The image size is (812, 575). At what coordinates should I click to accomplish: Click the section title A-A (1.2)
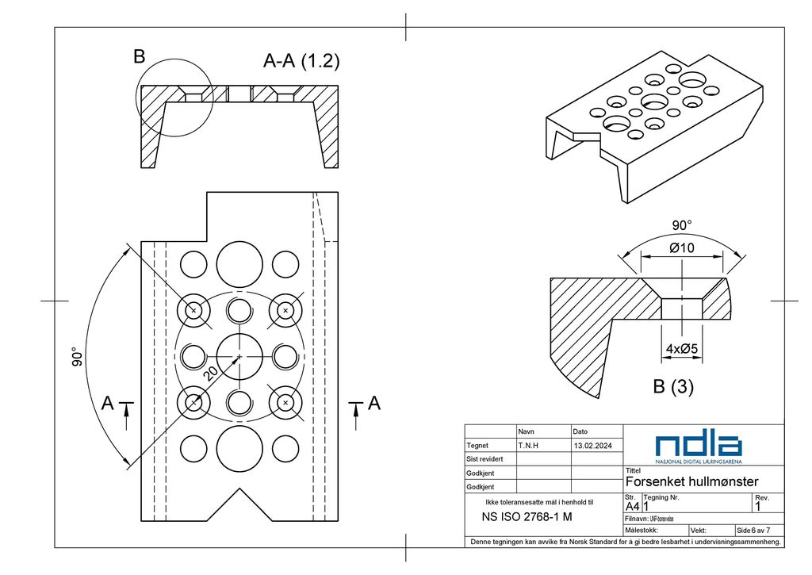(x=301, y=61)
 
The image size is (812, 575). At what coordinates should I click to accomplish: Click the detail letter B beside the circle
(x=140, y=56)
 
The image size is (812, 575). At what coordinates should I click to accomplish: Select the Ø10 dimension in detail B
(x=681, y=248)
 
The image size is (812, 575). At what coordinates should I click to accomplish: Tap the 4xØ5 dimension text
(x=681, y=349)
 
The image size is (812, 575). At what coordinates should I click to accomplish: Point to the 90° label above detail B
(x=683, y=225)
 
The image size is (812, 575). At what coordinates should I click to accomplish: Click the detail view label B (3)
(x=672, y=387)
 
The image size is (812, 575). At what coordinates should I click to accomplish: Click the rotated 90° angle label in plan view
(x=76, y=357)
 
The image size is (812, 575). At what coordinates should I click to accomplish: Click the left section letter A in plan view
(x=108, y=404)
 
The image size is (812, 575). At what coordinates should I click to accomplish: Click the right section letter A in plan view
(x=374, y=404)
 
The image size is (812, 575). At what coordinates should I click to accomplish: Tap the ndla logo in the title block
(x=699, y=447)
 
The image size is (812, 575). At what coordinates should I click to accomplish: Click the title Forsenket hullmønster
(x=691, y=481)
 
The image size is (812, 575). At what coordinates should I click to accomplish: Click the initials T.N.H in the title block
(x=528, y=446)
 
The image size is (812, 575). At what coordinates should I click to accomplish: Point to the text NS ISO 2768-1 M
(x=527, y=517)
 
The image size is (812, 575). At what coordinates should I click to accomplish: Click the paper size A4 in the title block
(x=632, y=506)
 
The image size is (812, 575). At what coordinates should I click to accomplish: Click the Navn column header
(x=526, y=431)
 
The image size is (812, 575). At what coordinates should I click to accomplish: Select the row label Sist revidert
(x=485, y=459)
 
